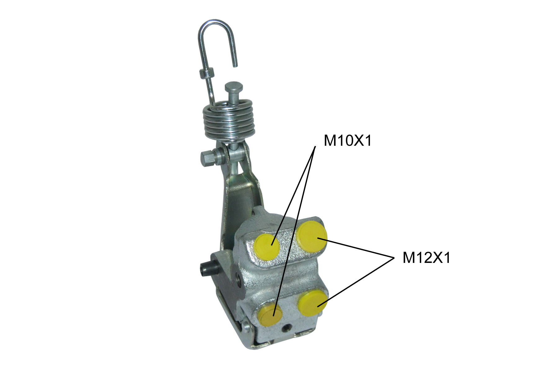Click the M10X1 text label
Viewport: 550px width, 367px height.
[347, 141]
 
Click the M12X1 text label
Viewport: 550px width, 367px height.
[426, 258]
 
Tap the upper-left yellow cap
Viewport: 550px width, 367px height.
[267, 247]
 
